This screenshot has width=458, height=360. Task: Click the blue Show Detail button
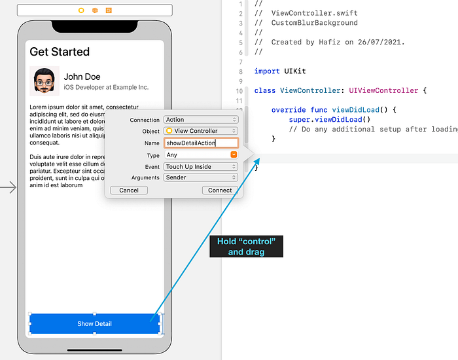coord(94,323)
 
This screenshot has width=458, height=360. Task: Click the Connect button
coord(220,190)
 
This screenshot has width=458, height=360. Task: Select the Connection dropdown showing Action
coord(200,120)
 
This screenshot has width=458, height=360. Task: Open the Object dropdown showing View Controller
coord(200,131)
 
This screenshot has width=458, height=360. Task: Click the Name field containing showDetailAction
coord(200,143)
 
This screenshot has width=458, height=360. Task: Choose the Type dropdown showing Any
coord(200,155)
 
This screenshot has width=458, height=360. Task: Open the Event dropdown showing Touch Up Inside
coord(200,167)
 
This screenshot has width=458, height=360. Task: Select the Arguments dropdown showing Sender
coord(200,177)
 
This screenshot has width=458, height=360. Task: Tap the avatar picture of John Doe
coord(44,81)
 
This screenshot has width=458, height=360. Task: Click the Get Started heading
coord(60,52)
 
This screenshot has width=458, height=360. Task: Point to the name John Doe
coord(82,77)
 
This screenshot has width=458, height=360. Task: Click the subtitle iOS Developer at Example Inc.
coord(106,87)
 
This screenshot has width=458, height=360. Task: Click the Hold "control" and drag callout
coord(246,246)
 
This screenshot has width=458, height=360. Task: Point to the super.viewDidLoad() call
coord(330,119)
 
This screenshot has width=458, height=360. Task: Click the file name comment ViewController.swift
coord(314,13)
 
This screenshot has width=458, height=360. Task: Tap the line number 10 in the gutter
coord(240,90)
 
